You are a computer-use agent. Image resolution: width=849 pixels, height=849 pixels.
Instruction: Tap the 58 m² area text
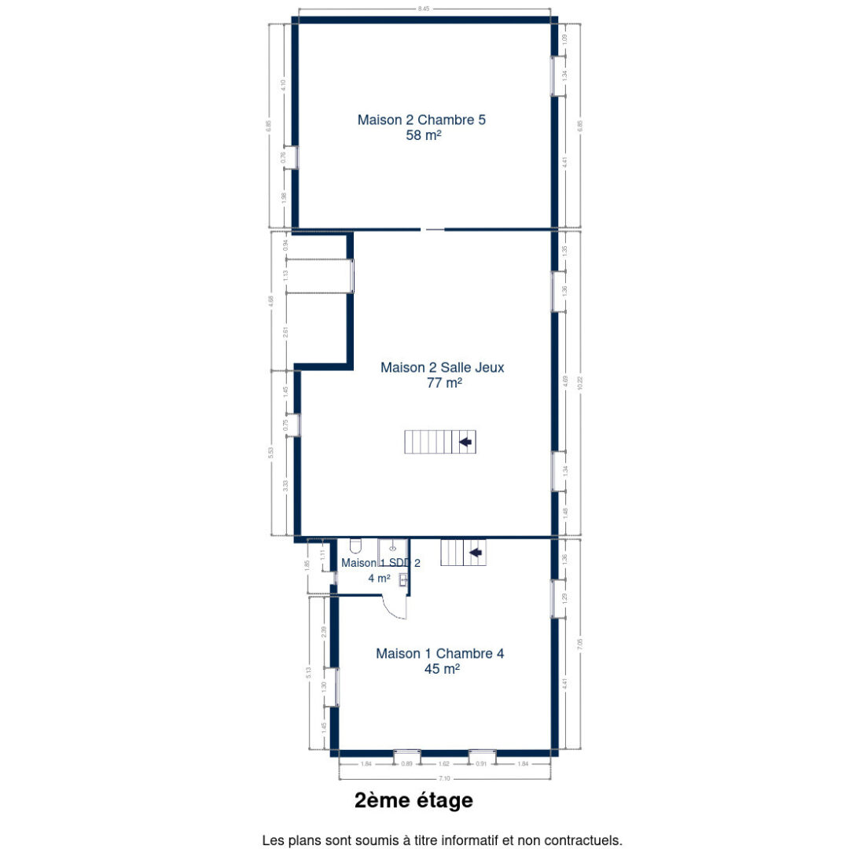coord(423,135)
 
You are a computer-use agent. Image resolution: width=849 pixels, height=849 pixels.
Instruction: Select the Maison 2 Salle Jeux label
coord(443,367)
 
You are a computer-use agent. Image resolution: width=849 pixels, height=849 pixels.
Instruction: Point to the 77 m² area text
coord(443,383)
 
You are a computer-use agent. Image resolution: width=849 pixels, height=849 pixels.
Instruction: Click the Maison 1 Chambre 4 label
coord(439,653)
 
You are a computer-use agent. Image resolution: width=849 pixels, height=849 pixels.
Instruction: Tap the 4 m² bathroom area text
coord(379,578)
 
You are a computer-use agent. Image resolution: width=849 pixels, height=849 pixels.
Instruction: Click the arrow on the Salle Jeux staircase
coord(465,442)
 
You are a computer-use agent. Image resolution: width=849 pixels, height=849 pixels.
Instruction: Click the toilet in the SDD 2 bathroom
coord(355,546)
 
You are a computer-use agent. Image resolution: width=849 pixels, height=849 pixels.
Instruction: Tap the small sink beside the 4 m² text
coord(403,580)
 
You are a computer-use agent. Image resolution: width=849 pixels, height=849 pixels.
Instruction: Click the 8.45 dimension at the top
coord(424,9)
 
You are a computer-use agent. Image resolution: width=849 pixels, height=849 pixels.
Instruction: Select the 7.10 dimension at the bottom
coord(444,778)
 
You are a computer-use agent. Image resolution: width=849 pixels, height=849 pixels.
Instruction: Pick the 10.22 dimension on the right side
coord(580,384)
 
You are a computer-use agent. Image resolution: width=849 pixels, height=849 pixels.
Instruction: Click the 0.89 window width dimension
coord(406,763)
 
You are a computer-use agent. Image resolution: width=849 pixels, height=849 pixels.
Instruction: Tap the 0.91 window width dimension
coord(481,763)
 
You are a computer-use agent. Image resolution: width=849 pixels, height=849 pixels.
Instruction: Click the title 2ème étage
coord(413,801)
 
